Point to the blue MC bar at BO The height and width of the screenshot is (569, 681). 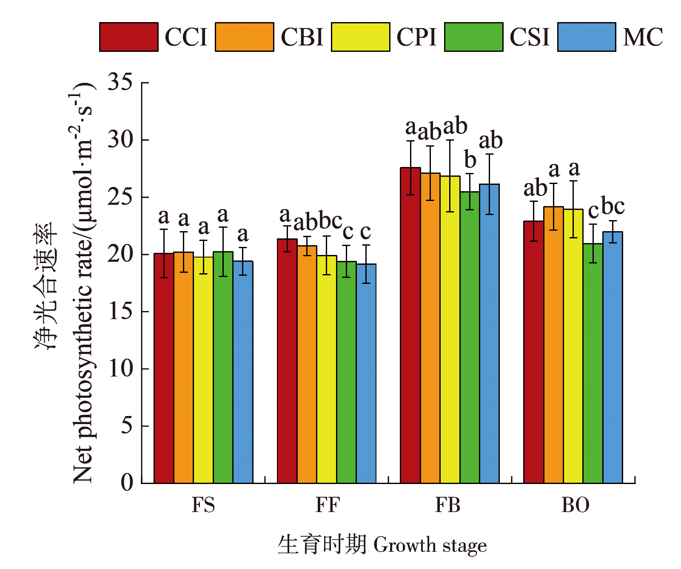613,357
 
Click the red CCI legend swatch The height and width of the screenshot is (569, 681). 128,37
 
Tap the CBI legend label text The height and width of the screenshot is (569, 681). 302,37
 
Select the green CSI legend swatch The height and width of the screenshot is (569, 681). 473,37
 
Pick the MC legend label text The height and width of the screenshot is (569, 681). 643,37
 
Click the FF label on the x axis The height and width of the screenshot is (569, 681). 328,505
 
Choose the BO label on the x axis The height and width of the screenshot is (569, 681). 575,505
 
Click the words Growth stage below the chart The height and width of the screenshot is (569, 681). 430,545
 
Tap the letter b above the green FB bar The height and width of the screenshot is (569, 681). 470,160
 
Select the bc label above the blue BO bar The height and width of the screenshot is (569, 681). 613,207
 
